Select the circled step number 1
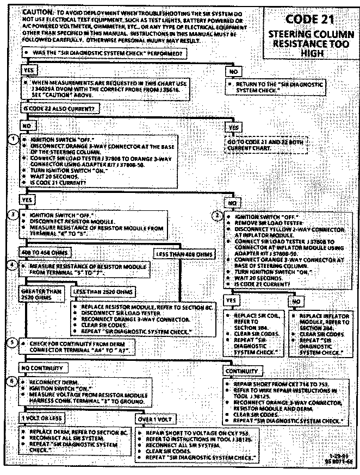tap(15, 139)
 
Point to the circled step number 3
tap(15, 214)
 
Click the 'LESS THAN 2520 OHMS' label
tap(102, 292)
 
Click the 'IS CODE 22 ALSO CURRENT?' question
tap(59, 108)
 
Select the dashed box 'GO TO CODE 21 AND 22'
tap(266, 145)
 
